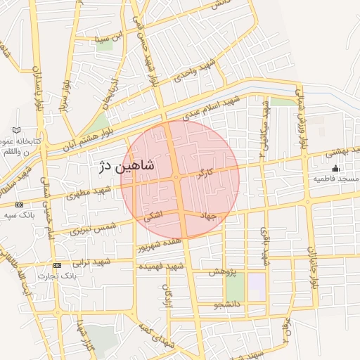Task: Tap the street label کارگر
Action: (x=206, y=172)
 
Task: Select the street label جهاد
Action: (x=209, y=214)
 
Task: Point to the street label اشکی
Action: (x=153, y=218)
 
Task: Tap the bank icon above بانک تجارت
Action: (x=57, y=265)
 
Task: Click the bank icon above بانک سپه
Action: (x=18, y=205)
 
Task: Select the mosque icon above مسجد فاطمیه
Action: (x=335, y=168)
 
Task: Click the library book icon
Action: (x=18, y=131)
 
